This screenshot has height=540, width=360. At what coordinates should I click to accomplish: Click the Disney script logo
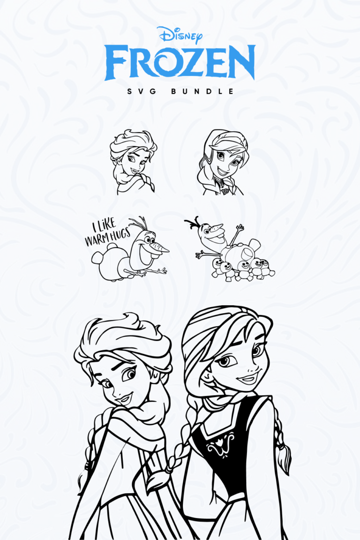(x=180, y=35)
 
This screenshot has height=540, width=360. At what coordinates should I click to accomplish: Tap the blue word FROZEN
(x=180, y=63)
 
